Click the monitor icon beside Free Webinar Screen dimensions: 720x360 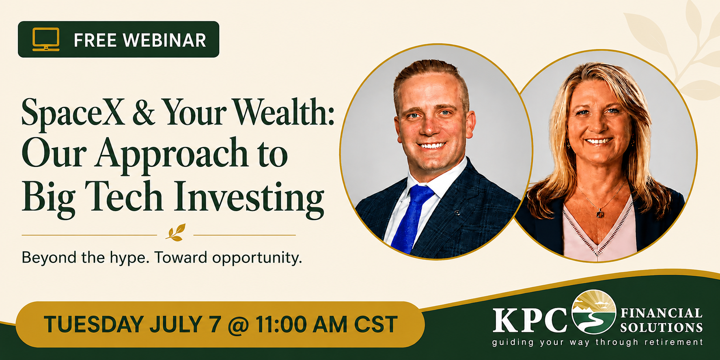tap(46, 39)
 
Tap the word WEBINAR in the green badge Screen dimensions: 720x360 tap(165, 40)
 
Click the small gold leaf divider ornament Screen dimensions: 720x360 tap(175, 233)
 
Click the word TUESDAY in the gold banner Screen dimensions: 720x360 tap(94, 324)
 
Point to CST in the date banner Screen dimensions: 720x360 tap(375, 324)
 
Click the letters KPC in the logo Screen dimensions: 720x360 tap(530, 320)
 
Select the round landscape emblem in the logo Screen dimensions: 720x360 tap(594, 312)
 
